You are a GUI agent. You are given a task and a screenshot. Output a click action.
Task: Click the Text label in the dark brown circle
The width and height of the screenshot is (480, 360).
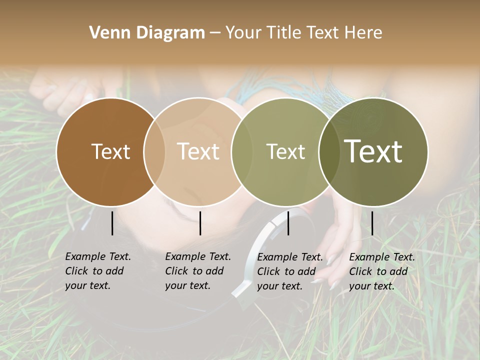(110, 151)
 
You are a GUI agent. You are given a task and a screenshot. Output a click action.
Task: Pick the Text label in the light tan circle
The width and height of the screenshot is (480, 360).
(198, 151)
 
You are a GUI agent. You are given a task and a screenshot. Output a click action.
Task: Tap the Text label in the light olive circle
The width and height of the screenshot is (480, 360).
(285, 151)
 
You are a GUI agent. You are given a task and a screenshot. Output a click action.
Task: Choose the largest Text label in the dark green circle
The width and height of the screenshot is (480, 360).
(373, 151)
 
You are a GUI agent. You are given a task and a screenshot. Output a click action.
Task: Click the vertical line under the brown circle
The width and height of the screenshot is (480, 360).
(112, 223)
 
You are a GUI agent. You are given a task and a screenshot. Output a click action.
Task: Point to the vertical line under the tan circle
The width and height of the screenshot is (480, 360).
(200, 223)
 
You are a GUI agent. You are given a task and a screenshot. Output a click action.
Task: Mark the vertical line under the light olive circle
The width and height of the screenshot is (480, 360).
(288, 223)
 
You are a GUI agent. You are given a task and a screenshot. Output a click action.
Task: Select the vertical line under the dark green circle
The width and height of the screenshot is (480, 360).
(372, 223)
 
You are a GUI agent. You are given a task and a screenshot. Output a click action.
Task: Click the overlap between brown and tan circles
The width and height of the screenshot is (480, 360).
(154, 151)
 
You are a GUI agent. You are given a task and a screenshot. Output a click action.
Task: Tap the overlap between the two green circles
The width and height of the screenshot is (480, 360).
(329, 151)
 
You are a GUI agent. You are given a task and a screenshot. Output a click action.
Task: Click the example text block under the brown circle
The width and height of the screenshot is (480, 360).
(97, 271)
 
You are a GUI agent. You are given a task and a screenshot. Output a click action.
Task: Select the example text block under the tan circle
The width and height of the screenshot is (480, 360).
(197, 271)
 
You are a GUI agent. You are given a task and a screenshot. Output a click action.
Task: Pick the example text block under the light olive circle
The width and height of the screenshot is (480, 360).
(289, 271)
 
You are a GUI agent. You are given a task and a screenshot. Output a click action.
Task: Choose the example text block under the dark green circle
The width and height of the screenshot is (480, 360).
(381, 271)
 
